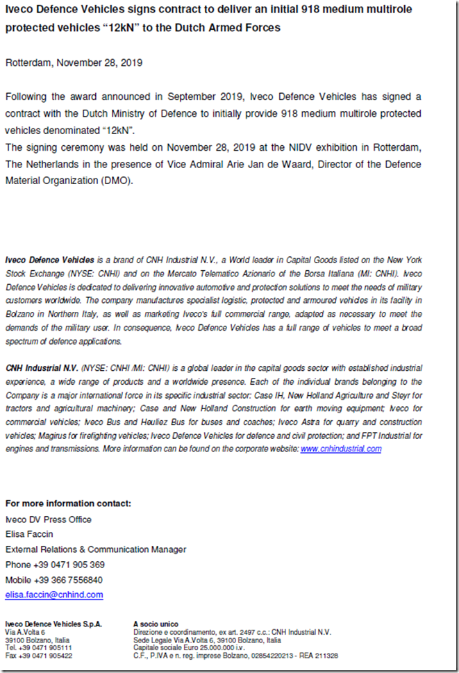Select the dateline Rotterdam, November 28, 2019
[x=74, y=63]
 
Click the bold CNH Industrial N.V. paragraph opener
[x=42, y=367]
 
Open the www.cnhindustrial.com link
[x=341, y=449]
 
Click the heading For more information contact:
[x=68, y=504]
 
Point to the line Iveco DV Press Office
[x=49, y=520]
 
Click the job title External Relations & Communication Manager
[x=96, y=549]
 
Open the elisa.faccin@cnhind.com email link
[x=54, y=595]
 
